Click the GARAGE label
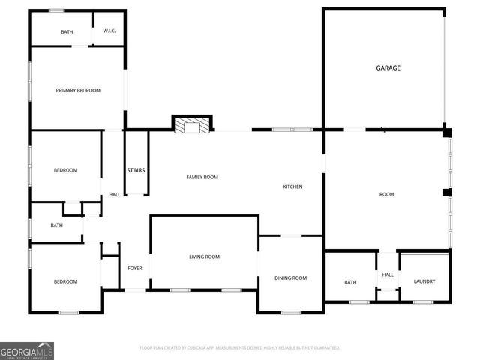pos(388,68)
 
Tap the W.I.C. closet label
pos(109,32)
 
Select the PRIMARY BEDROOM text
pos(78,90)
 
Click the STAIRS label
pos(136,170)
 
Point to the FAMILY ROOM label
pos(202,177)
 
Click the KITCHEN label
pos(292,187)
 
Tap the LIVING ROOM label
pos(204,257)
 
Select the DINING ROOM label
pos(290,278)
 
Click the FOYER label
pos(135,268)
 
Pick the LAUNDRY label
pos(424,282)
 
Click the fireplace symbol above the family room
pos(193,124)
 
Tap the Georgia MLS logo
pos(27,350)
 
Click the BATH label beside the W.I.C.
pos(67,32)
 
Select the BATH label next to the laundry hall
pos(350,282)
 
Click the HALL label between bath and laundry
pos(387,274)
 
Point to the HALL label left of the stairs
pos(115,195)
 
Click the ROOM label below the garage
pos(386,194)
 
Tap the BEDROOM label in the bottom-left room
pos(65,281)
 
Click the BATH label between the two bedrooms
pos(57,226)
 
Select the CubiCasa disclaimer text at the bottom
pos(240,348)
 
